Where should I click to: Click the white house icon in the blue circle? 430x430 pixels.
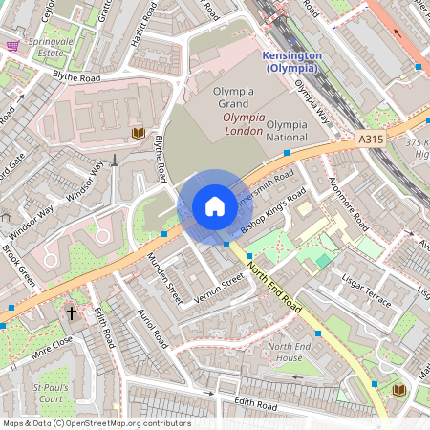point(215,206)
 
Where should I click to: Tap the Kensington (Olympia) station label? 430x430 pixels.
point(290,62)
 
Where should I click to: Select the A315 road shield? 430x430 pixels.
point(372,140)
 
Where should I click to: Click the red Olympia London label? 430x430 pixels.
point(243,123)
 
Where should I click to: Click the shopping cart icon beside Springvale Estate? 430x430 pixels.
point(12,46)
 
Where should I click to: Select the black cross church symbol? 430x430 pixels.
point(72,313)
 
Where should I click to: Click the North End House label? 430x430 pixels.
point(289,352)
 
